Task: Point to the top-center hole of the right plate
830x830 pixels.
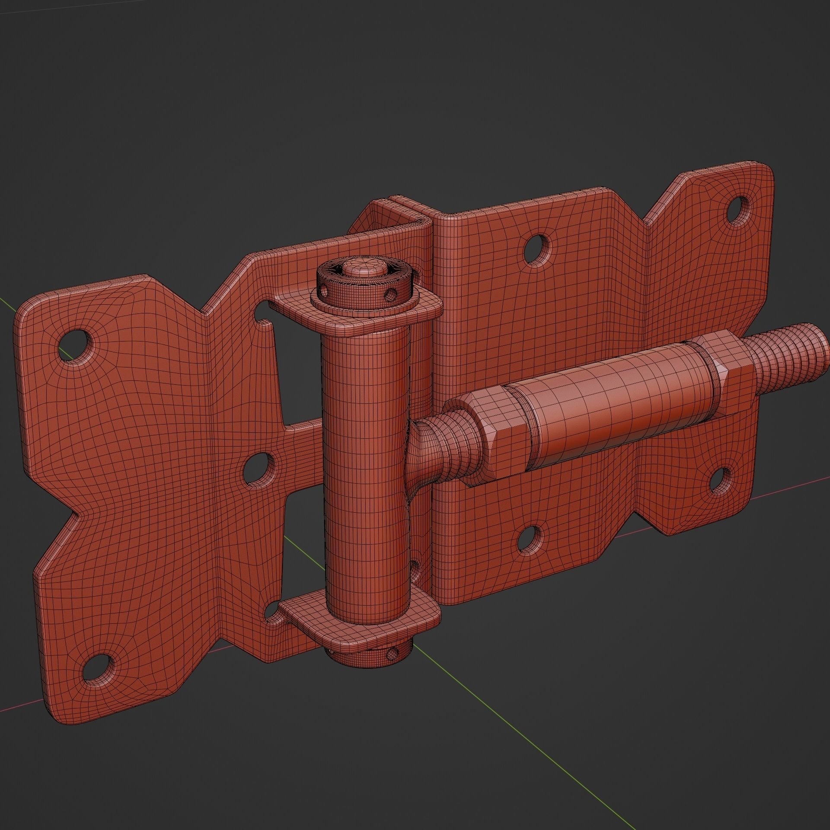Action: [537, 247]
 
